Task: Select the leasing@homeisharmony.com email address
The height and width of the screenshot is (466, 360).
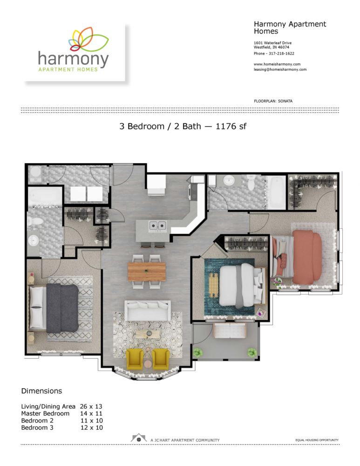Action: [280, 69]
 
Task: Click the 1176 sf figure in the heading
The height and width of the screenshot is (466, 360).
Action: [229, 126]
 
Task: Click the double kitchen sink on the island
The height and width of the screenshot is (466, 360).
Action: [157, 226]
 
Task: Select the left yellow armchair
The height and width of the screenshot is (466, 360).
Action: [135, 358]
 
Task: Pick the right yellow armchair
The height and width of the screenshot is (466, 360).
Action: [161, 358]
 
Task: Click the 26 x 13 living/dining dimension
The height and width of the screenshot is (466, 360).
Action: [91, 406]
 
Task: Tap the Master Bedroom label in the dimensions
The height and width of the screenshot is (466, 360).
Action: [45, 413]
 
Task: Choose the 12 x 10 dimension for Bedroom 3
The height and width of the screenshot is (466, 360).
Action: [91, 427]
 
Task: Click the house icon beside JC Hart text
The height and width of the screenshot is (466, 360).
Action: [138, 438]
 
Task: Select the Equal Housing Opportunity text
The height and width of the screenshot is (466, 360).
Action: [317, 440]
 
